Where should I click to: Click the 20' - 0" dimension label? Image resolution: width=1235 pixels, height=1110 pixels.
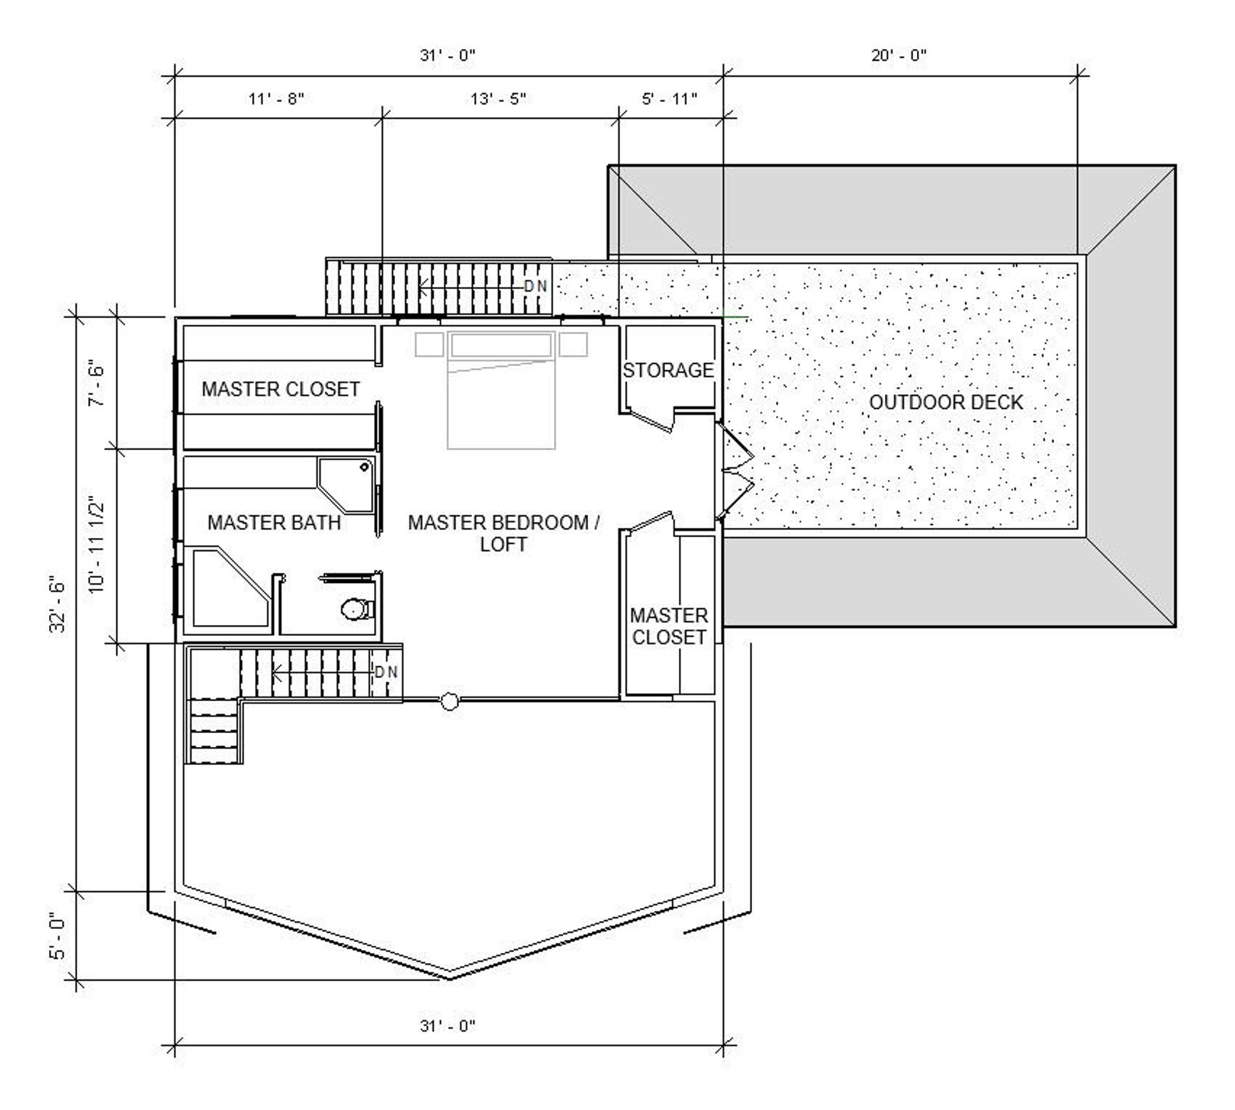899,55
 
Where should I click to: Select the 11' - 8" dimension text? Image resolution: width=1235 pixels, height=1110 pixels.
276,99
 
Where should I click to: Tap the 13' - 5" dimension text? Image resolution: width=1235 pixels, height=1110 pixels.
499,99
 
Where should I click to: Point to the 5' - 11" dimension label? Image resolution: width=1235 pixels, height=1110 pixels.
670,99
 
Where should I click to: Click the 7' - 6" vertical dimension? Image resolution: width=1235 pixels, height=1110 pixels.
96,382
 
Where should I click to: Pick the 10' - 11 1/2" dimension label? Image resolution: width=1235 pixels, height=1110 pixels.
96,544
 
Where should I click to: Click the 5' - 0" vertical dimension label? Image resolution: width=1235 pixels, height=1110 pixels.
58,935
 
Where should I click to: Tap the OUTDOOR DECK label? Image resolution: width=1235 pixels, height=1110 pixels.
946,402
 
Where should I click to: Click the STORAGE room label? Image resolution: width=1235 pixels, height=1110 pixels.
668,370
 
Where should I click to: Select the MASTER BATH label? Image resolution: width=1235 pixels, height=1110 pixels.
274,522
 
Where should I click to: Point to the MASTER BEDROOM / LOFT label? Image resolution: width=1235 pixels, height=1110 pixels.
503,532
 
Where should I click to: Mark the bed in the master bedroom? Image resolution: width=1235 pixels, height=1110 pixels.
502,389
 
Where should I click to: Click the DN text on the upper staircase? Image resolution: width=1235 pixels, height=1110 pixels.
536,286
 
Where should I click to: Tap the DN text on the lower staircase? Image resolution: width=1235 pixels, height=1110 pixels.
387,672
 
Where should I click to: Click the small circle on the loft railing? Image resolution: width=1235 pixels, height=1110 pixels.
449,701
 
